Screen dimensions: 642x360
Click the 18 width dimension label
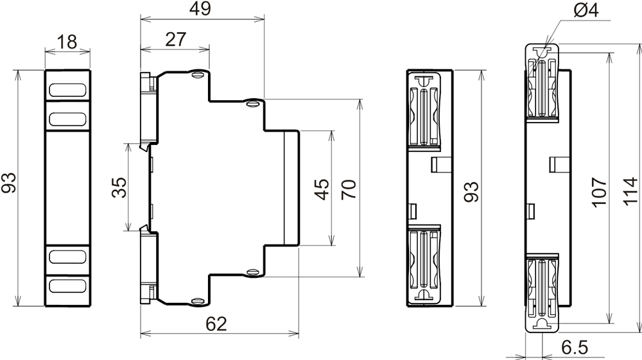coord(67,42)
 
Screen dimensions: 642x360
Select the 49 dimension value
coord(200,8)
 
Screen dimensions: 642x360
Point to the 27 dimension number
coord(176,40)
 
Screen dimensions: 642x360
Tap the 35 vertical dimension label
coord(119,187)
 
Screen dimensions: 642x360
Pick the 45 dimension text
coord(322,189)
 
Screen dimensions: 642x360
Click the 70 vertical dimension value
coord(349,189)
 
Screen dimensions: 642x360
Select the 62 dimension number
coord(216,324)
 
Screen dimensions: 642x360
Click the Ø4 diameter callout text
coord(586,10)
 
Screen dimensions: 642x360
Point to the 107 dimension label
coord(599,192)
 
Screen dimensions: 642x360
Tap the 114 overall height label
coord(630,191)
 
